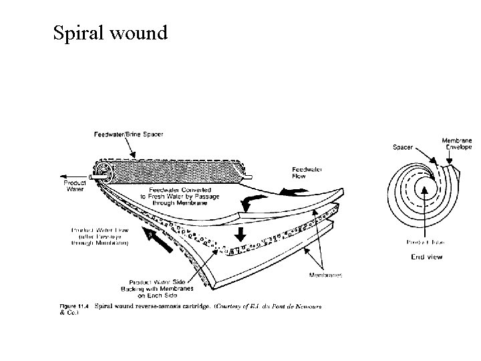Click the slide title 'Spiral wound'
[110, 31]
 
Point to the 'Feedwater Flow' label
[307, 174]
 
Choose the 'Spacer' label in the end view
[402, 147]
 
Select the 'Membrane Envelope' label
[456, 144]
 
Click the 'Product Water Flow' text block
[100, 237]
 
